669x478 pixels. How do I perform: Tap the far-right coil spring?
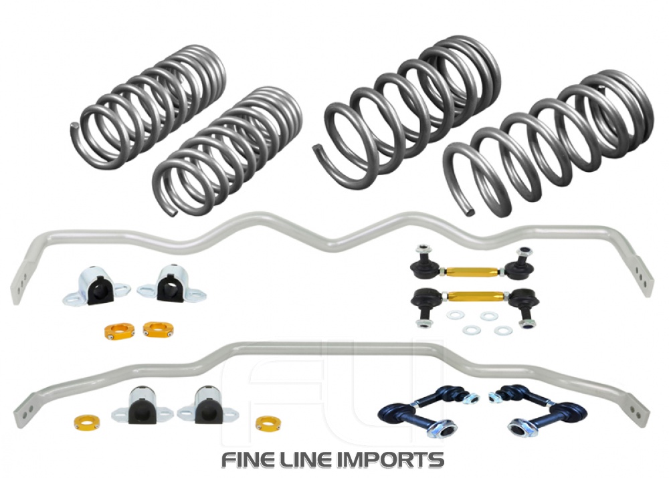point(549,144)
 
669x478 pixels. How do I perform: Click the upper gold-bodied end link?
point(474,267)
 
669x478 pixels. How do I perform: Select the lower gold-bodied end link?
point(474,298)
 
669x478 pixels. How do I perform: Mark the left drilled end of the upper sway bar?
point(18,281)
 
